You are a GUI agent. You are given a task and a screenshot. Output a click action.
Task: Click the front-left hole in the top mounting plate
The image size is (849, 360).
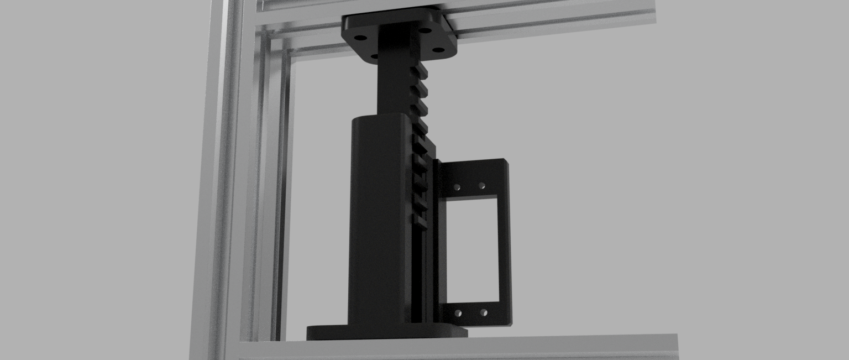[360, 38]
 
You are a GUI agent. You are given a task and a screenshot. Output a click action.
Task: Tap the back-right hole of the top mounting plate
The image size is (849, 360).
[425, 30]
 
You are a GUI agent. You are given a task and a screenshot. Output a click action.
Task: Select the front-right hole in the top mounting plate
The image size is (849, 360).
[438, 50]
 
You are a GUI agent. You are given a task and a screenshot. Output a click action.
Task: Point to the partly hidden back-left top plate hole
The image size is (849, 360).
[374, 56]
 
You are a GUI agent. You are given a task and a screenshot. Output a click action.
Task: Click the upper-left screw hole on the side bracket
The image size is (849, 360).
[458, 187]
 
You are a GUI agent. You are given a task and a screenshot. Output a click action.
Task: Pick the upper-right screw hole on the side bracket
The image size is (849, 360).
[481, 186]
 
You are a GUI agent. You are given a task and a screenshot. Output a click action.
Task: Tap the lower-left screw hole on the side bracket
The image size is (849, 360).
[458, 314]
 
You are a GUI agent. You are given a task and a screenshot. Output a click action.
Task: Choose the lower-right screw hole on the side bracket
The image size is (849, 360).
[484, 313]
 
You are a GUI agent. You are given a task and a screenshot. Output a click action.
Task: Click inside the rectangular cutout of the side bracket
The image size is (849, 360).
[473, 249]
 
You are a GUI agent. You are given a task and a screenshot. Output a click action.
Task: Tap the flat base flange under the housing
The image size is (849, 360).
[387, 333]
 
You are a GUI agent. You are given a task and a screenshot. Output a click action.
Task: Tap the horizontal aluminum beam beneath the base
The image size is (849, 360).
[459, 347]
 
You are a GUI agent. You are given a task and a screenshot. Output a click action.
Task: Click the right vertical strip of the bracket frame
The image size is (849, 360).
[505, 249]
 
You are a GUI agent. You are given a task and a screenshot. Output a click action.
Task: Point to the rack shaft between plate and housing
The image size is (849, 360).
[394, 88]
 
